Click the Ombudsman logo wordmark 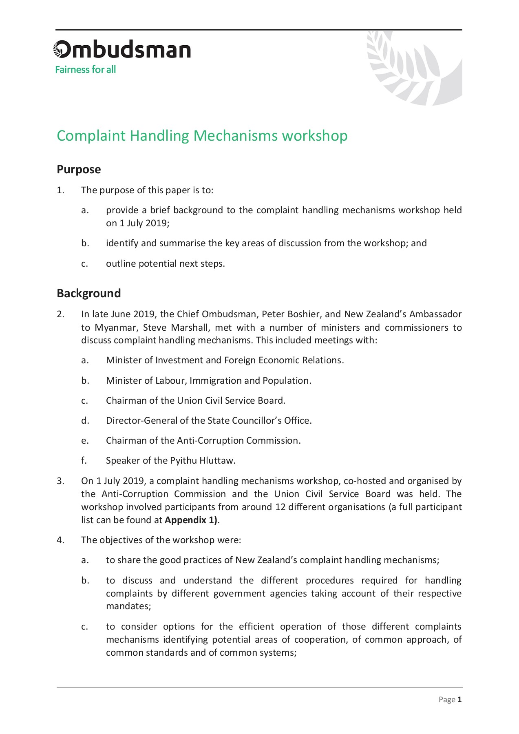[x=122, y=50]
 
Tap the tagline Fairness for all [x=86, y=70]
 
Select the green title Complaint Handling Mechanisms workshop [x=202, y=136]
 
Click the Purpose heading [x=79, y=169]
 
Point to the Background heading [x=88, y=293]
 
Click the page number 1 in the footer [x=459, y=700]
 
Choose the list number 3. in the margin [x=60, y=481]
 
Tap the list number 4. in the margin [x=60, y=540]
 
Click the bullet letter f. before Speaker [x=84, y=460]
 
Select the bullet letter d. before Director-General [x=85, y=420]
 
